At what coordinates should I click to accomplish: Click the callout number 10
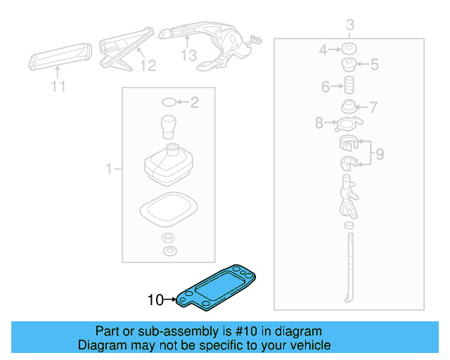pyautogui.click(x=155, y=300)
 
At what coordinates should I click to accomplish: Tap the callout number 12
pyautogui.click(x=146, y=65)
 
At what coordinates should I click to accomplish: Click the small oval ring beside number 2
pyautogui.click(x=169, y=103)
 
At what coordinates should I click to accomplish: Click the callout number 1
pyautogui.click(x=109, y=169)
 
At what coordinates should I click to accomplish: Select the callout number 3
pyautogui.click(x=349, y=27)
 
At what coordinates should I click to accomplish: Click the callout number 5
pyautogui.click(x=374, y=65)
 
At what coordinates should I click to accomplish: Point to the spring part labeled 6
pyautogui.click(x=347, y=88)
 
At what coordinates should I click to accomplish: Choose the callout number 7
pyautogui.click(x=373, y=108)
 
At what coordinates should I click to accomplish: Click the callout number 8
pyautogui.click(x=319, y=123)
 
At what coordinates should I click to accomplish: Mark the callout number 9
pyautogui.click(x=379, y=153)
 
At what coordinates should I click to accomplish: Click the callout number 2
pyautogui.click(x=195, y=103)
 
